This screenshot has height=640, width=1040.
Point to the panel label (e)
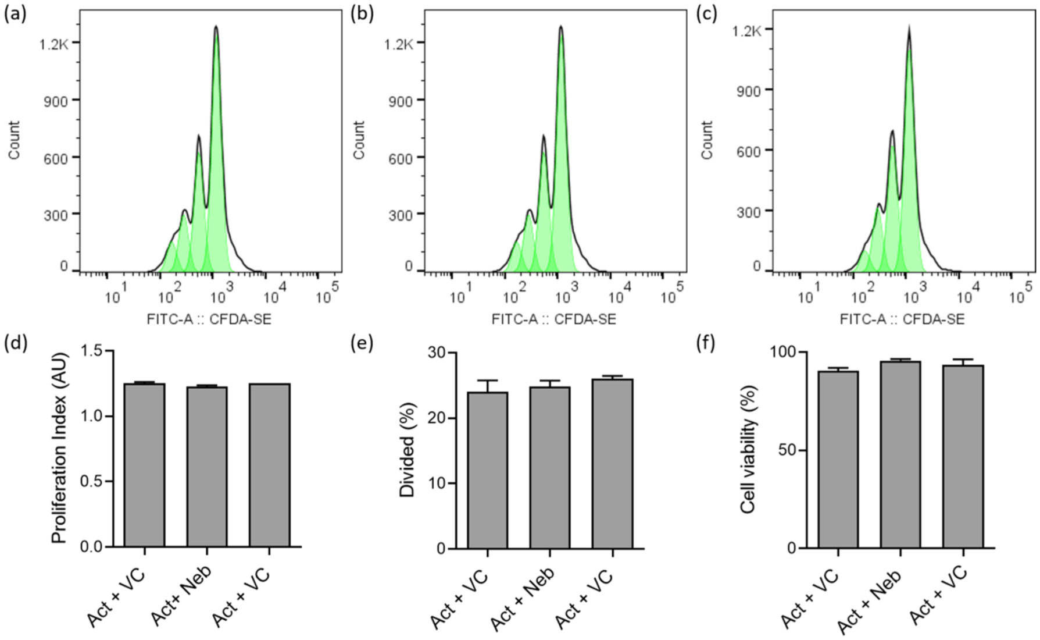pyautogui.click(x=362, y=344)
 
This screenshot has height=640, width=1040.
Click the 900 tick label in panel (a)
pyautogui.click(x=55, y=101)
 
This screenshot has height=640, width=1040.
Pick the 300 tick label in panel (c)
pyautogui.click(x=749, y=211)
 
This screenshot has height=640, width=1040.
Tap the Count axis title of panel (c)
pyautogui.click(x=707, y=140)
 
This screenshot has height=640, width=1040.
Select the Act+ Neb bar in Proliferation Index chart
pyautogui.click(x=207, y=465)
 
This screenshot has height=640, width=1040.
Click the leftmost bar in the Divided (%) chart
pyautogui.click(x=488, y=470)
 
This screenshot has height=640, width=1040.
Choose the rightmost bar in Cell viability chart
pyautogui.click(x=963, y=456)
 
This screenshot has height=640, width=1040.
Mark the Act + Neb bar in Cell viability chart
pyautogui.click(x=900, y=454)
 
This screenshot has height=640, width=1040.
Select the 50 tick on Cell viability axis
pyautogui.click(x=790, y=450)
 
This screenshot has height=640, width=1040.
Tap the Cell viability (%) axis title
pyautogui.click(x=749, y=449)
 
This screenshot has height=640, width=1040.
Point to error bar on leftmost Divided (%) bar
pyautogui.click(x=488, y=382)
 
